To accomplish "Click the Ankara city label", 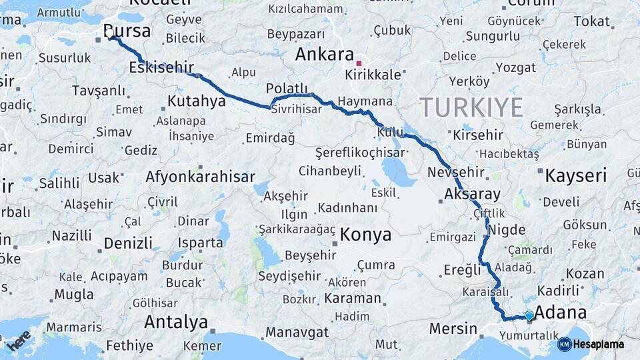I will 325,53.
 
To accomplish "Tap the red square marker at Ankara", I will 359,64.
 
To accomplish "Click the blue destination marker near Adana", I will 529,315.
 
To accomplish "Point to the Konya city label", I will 365,235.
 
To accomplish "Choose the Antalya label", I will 176,323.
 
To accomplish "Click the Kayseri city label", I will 576,176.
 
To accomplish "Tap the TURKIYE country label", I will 471,107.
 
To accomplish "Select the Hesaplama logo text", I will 599,344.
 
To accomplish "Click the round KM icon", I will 564,344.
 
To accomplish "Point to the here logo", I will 19,340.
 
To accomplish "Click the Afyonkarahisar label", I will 200,177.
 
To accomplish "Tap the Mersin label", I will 453,329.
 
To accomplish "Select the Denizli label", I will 128,243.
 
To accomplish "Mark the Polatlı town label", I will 287,89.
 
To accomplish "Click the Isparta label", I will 201,243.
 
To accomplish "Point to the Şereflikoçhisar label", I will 360,152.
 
